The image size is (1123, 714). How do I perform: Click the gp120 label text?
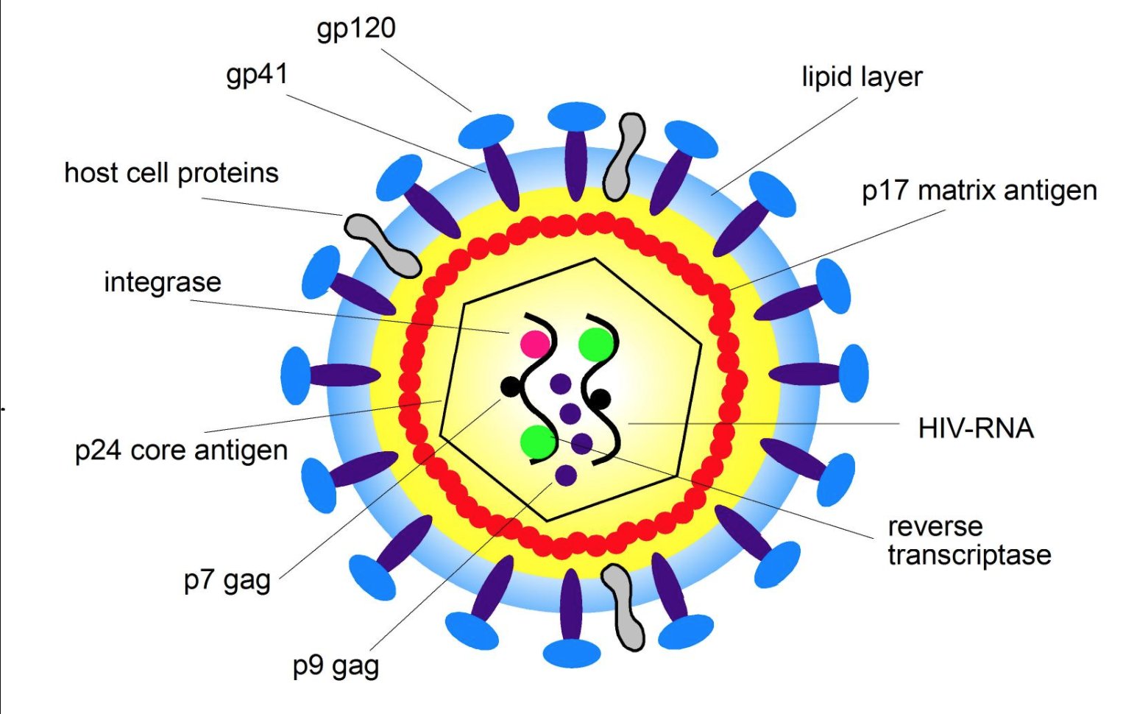[x=356, y=29]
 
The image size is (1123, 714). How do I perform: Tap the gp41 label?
[x=257, y=75]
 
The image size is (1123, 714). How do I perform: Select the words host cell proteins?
[x=171, y=173]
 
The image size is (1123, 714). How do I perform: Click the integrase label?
[x=163, y=282]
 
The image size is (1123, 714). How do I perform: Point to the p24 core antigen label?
[x=181, y=450]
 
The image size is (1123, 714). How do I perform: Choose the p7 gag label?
[x=227, y=581]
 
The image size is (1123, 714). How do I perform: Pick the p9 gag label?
[x=336, y=666]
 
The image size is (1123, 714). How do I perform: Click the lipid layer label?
[x=862, y=77]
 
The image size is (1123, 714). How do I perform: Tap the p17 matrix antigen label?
[x=979, y=191]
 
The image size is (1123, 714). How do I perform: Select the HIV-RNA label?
[x=976, y=428]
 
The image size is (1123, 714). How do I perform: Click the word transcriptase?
[x=969, y=554]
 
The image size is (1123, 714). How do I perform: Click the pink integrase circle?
[x=535, y=344]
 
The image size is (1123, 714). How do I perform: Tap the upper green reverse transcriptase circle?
[x=596, y=343]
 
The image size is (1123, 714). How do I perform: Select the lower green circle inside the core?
[x=538, y=442]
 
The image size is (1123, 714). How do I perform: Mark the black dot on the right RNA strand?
[x=601, y=400]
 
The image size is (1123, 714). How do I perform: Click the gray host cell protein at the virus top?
[x=624, y=156]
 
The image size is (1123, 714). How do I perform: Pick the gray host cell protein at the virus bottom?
[x=624, y=607]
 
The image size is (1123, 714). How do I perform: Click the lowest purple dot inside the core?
[x=566, y=476]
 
